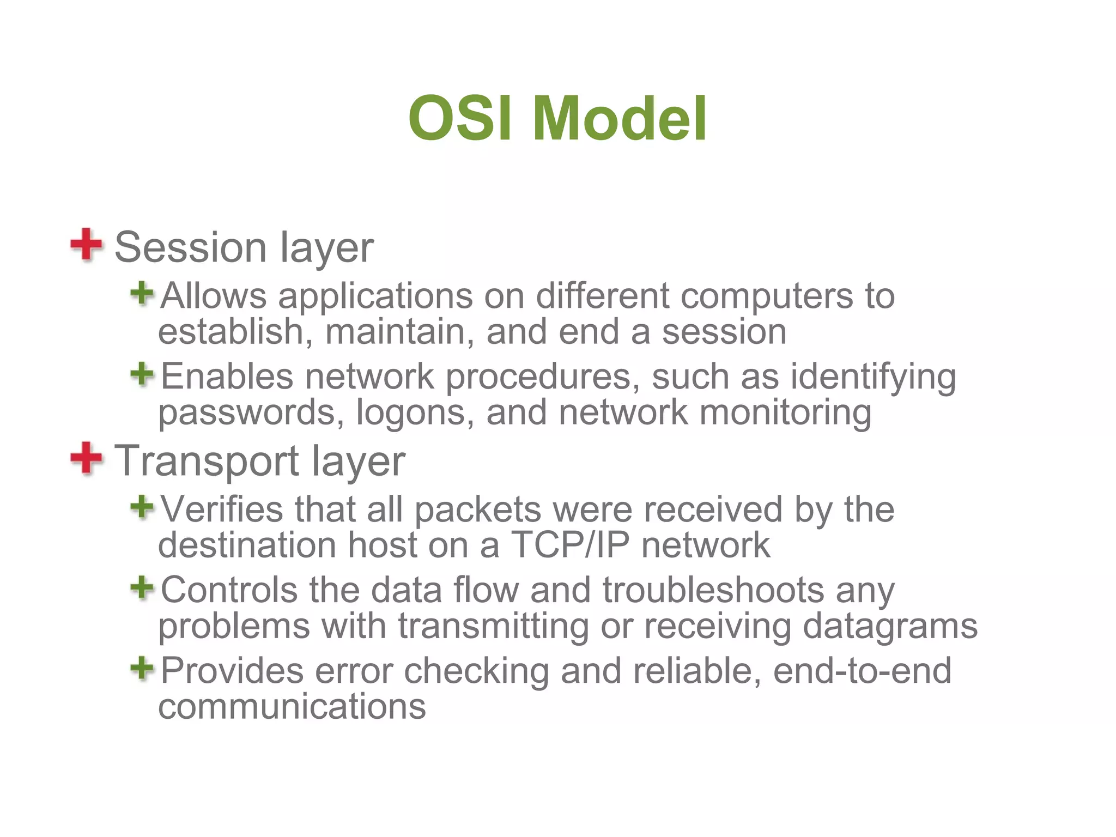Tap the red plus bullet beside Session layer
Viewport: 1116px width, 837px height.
coord(86,245)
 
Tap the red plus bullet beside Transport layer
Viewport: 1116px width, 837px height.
coord(86,458)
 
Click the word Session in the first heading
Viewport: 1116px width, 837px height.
coord(190,247)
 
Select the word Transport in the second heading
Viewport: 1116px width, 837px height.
coord(207,461)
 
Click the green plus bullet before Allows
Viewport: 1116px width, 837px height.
coord(142,294)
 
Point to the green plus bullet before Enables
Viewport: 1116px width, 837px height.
coord(142,374)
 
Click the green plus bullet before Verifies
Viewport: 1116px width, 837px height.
coord(142,507)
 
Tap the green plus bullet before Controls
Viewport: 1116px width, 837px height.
coord(142,588)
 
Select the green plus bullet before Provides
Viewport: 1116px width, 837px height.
coord(142,668)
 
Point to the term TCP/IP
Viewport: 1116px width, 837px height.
coord(570,545)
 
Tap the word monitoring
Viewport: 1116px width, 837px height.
coord(785,413)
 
